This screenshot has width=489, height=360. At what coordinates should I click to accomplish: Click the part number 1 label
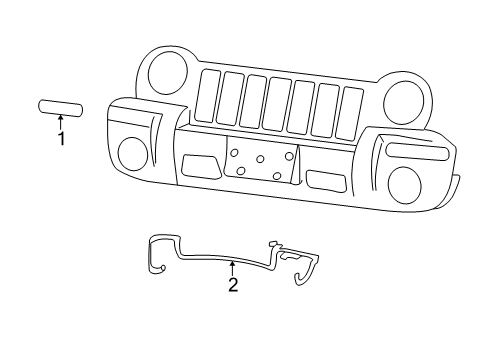coord(61,139)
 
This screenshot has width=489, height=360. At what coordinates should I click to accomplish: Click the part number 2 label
coord(233,285)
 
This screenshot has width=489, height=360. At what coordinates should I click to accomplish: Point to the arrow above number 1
coord(61,124)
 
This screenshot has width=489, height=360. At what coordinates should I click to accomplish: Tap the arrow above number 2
coord(233,268)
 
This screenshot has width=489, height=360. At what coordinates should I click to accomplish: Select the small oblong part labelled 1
coord(61,108)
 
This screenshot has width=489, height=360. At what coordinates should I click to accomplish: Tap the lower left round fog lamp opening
coord(132,153)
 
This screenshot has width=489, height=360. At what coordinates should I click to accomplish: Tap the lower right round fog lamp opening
coord(404,182)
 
